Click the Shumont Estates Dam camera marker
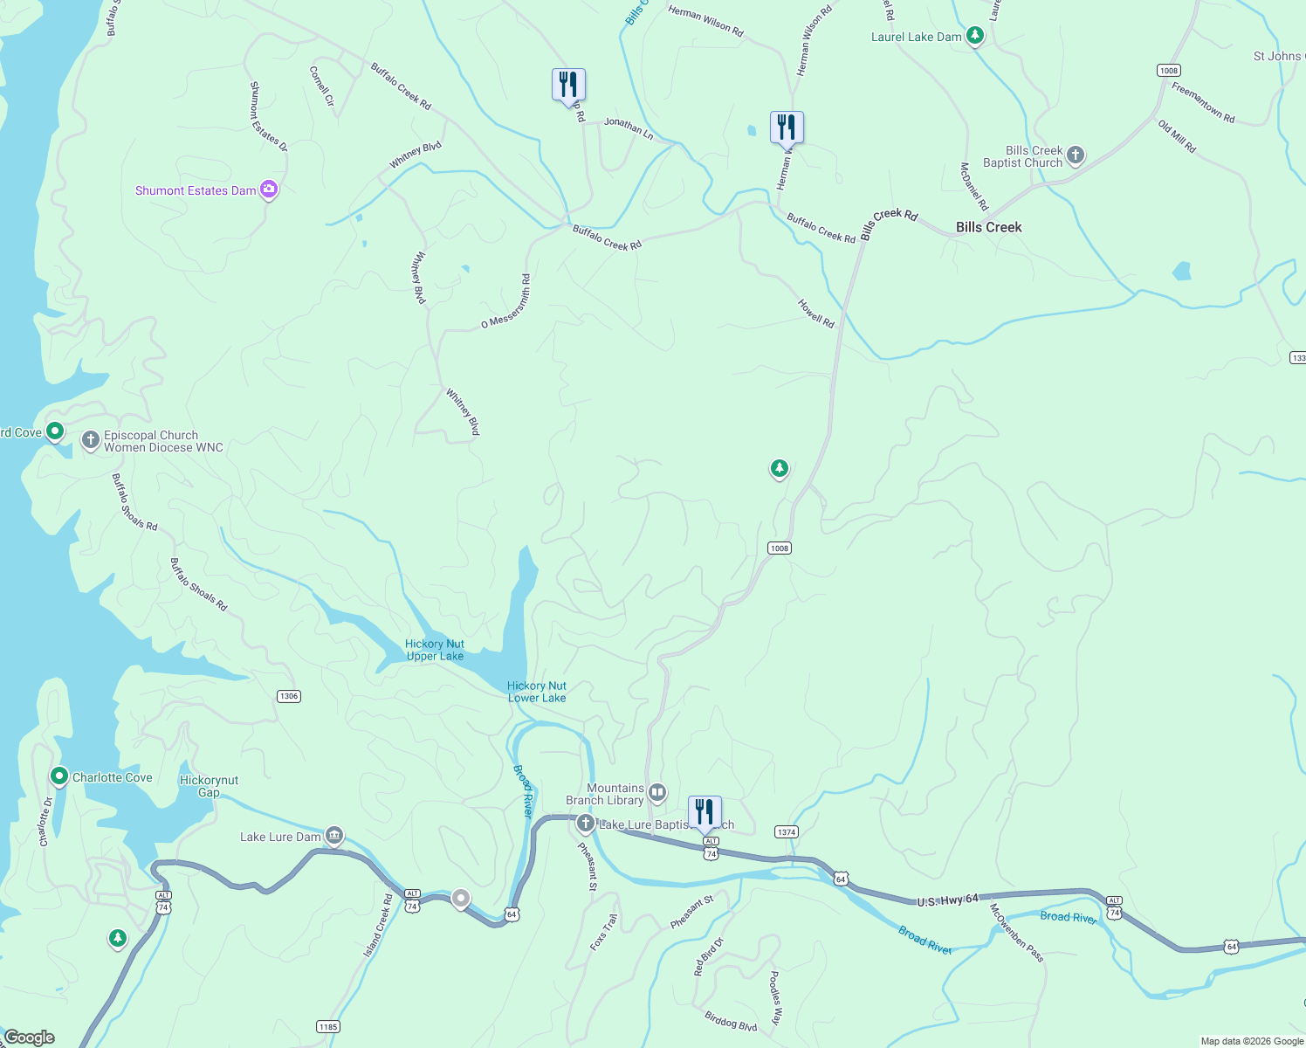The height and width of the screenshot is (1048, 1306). tap(269, 190)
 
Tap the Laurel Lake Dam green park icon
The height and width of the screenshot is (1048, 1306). tap(975, 36)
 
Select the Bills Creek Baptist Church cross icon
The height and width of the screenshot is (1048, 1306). tap(1076, 155)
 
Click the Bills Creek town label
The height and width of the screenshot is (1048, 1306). tap(988, 227)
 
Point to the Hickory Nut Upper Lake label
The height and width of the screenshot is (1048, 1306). tap(435, 650)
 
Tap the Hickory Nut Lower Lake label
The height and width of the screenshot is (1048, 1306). tap(537, 692)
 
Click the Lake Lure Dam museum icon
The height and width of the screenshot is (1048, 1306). tap(334, 836)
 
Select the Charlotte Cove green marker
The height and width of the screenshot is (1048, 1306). tap(59, 776)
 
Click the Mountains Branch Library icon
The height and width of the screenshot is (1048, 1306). tap(657, 792)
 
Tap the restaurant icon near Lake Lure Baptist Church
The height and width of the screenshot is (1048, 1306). tap(705, 812)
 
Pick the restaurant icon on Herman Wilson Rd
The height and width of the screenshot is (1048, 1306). tap(787, 128)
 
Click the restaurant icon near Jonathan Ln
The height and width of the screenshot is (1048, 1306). tap(568, 85)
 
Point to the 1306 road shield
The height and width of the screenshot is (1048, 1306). tap(288, 696)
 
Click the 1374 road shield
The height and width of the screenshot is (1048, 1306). tap(787, 832)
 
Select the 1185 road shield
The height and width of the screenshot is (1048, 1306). tap(328, 1026)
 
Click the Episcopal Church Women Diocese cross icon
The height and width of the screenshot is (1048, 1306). tap(91, 440)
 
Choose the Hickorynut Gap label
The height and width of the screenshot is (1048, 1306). tap(209, 786)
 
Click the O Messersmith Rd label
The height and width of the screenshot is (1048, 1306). tap(507, 302)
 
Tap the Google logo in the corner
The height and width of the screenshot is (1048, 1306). tap(30, 1037)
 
